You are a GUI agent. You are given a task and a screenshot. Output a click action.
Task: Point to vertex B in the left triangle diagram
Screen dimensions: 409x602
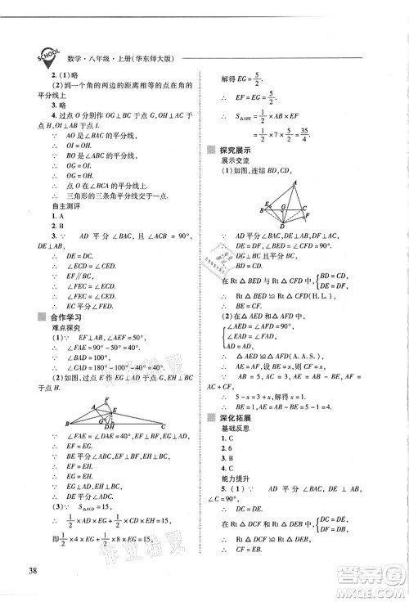(x=65, y=425)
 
